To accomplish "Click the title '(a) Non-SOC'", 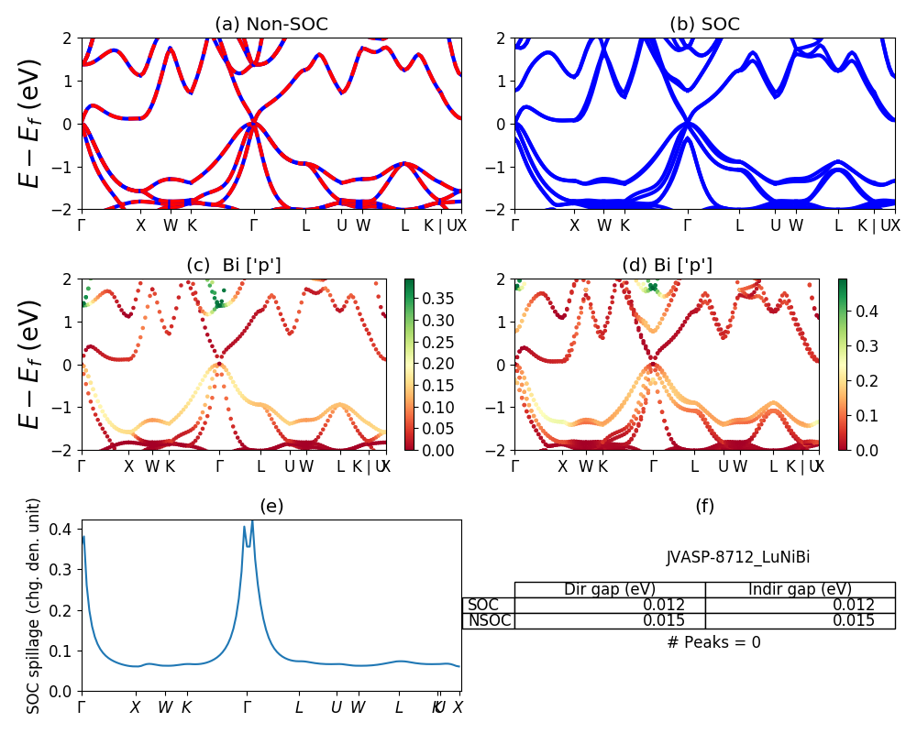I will pyautogui.click(x=271, y=25).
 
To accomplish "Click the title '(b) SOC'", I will pyautogui.click(x=704, y=25).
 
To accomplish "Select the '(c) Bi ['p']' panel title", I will pyautogui.click(x=234, y=265).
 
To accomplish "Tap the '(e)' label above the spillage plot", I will pyautogui.click(x=271, y=506).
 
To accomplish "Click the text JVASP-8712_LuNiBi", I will pyautogui.click(x=737, y=557).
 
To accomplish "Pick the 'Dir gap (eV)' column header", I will pyautogui.click(x=609, y=589).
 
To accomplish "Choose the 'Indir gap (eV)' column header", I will pyautogui.click(x=800, y=589).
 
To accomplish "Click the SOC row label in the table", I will pyautogui.click(x=483, y=605).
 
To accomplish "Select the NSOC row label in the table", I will pyautogui.click(x=489, y=620).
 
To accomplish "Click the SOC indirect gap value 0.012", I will pyautogui.click(x=853, y=605).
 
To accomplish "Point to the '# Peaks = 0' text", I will pyautogui.click(x=713, y=642).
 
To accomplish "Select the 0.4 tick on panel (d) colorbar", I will pyautogui.click(x=866, y=312).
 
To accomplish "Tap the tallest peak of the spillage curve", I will pyautogui.click(x=252, y=521).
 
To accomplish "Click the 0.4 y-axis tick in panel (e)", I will pyautogui.click(x=66, y=529).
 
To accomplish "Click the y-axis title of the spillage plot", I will pyautogui.click(x=34, y=606).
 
